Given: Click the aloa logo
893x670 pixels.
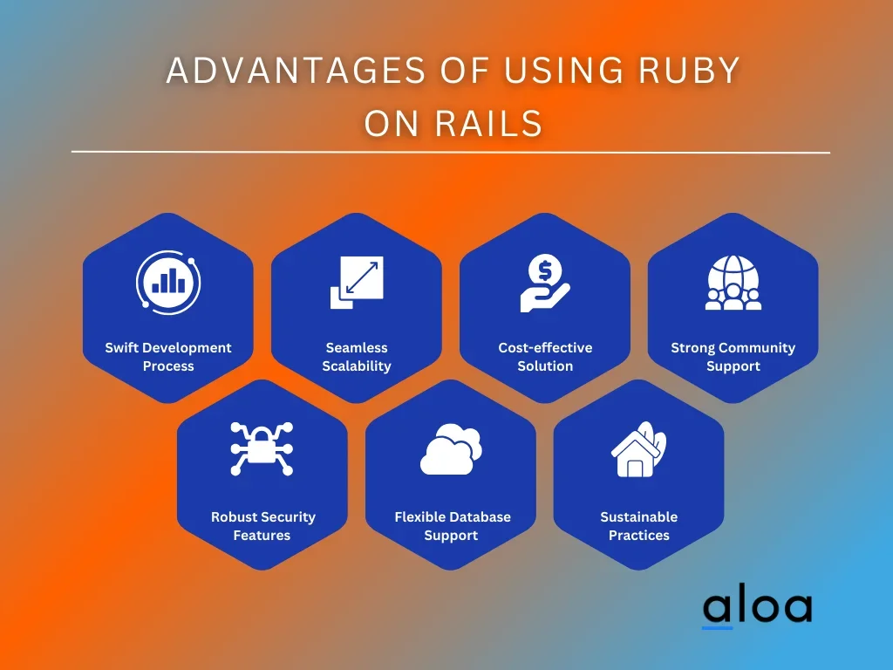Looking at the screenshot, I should [x=756, y=608].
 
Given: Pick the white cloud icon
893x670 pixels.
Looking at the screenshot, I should [x=451, y=449].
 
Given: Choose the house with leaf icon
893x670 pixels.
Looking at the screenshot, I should [x=638, y=450].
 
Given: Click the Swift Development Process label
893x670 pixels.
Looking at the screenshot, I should [x=168, y=357].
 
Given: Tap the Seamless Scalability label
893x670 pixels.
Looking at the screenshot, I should [x=357, y=357].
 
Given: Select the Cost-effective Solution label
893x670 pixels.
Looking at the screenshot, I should [x=545, y=357].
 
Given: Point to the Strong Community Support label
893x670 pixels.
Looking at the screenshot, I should [x=733, y=357].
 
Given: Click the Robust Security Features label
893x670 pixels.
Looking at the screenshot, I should [x=262, y=526].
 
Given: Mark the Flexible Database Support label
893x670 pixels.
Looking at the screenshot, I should [x=451, y=526].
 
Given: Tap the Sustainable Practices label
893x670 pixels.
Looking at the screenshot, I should [x=639, y=526].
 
